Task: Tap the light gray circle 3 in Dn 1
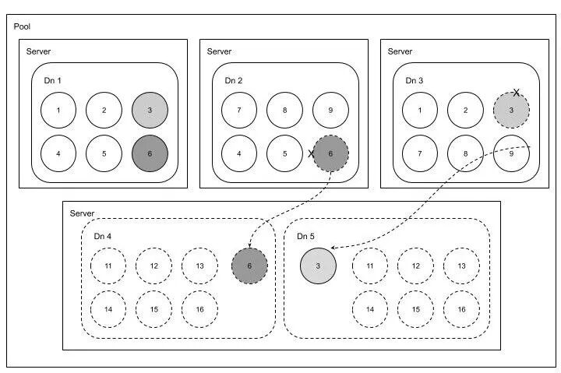click(x=150, y=110)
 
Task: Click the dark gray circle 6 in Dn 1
click(x=150, y=153)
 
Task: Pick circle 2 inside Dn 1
click(x=104, y=110)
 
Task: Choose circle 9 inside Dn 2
click(x=330, y=110)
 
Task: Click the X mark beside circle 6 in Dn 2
click(x=312, y=153)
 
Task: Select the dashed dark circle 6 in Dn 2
click(x=330, y=153)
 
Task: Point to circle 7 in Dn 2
click(x=239, y=110)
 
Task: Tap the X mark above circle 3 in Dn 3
click(x=516, y=93)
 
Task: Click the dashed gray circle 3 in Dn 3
click(x=511, y=111)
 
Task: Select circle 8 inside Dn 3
click(x=466, y=153)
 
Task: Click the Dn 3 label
click(x=415, y=80)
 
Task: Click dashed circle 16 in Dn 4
click(x=200, y=309)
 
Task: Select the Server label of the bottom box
click(x=82, y=213)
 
